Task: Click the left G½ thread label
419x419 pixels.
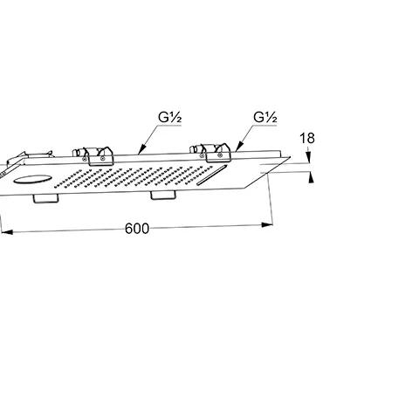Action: tap(170, 117)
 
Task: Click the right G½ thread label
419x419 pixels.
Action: tap(265, 117)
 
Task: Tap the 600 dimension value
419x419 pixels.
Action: tap(137, 229)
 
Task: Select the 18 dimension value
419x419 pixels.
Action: tap(307, 138)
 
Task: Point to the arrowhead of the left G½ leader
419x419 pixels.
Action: tap(141, 149)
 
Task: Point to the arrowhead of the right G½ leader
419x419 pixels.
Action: tap(238, 147)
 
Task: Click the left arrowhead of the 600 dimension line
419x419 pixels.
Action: tap(7, 232)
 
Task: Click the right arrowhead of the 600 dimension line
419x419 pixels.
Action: tap(267, 224)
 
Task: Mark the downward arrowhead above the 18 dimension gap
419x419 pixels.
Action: tap(309, 157)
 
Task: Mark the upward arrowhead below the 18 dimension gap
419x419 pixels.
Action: tap(311, 178)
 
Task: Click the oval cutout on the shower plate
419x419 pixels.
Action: tap(32, 179)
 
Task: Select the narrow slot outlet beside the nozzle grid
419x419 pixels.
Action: tap(211, 175)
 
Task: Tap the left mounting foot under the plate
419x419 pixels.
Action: tap(45, 199)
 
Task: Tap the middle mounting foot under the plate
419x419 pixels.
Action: tap(163, 196)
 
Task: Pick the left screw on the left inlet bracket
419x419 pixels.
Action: tap(85, 159)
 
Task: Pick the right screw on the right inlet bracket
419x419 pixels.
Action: tap(221, 155)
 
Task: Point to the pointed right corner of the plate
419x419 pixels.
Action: tap(290, 157)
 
